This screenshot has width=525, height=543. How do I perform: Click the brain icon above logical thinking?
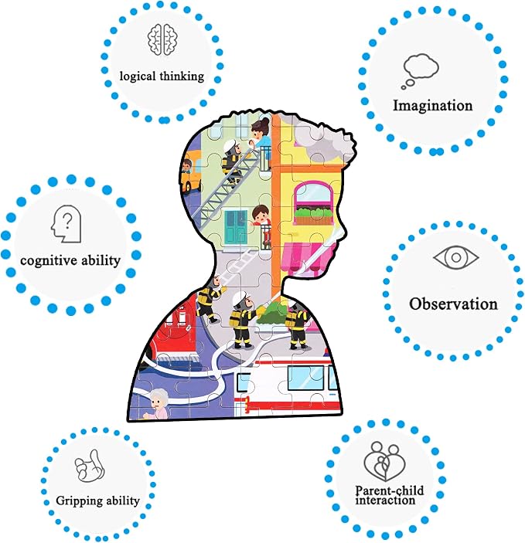[x=162, y=39]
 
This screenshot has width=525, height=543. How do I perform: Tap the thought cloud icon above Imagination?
[x=420, y=71]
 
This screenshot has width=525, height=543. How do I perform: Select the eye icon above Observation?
[x=456, y=257]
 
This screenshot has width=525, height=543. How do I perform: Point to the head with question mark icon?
[x=66, y=224]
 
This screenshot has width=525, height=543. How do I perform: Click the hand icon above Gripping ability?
[x=90, y=466]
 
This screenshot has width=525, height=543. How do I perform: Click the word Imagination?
[x=432, y=106]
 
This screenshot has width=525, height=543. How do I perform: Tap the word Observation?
[x=453, y=304]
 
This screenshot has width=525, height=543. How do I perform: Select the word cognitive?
[x=47, y=261]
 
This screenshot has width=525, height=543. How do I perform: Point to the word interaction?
[x=385, y=501]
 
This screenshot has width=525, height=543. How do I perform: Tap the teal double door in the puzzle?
[x=236, y=228]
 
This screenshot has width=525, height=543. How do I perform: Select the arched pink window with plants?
[x=312, y=204]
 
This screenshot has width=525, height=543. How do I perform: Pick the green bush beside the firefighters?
[x=273, y=312]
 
